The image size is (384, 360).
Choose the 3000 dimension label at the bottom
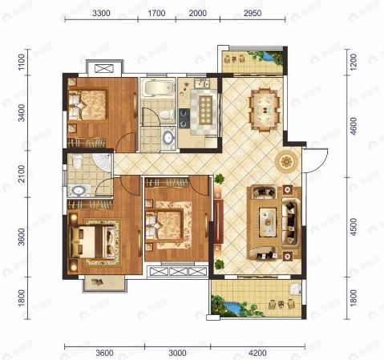[x=177, y=351]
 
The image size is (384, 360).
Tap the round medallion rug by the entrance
[x=287, y=160]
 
